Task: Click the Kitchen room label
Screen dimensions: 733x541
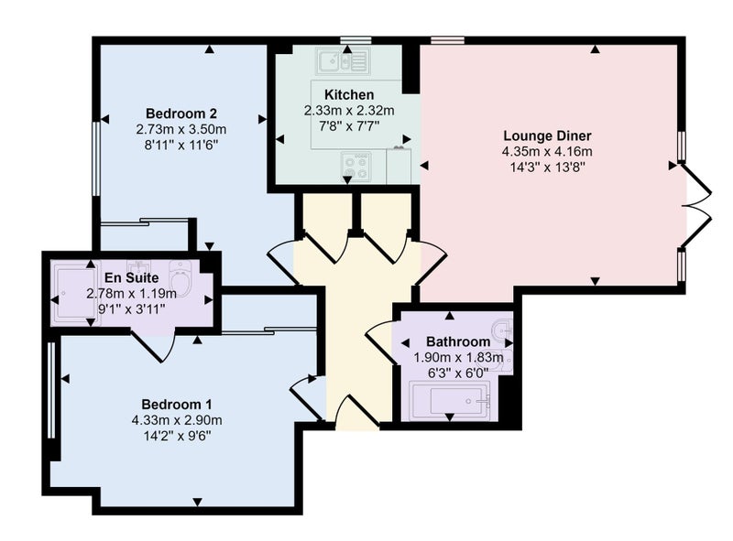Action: pos(349,95)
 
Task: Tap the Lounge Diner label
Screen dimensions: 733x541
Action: pos(547,136)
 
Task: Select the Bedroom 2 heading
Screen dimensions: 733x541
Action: pos(181,114)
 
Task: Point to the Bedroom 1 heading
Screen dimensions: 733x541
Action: pos(177,404)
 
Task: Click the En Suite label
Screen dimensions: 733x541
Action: pos(131,278)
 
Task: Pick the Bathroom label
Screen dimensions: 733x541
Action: pos(458,341)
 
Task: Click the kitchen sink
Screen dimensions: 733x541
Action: pos(343,60)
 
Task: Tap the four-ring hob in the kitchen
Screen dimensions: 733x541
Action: pos(356,168)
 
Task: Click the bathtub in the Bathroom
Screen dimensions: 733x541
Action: pos(450,400)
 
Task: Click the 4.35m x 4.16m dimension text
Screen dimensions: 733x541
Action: pos(547,151)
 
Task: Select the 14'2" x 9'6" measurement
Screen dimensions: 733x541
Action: pos(177,436)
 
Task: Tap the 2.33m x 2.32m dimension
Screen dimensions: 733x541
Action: pos(349,111)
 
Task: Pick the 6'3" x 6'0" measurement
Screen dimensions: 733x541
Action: pos(458,373)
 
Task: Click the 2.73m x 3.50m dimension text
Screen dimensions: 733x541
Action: pos(181,129)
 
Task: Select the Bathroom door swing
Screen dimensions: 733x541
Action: pos(381,341)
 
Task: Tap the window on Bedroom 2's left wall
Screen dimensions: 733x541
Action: pos(95,158)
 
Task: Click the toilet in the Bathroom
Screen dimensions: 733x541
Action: pos(503,331)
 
